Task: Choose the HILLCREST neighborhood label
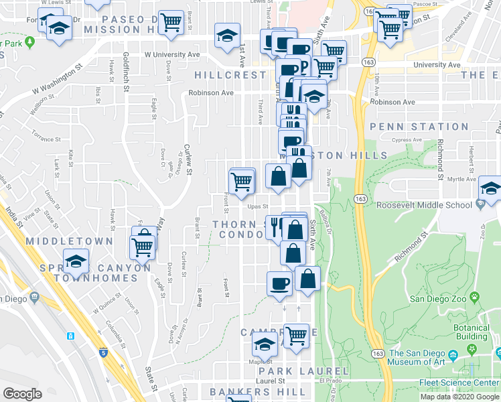coord(230,74)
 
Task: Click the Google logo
coord(22,394)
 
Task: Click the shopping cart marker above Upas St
coord(241,180)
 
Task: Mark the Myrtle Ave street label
coord(461,179)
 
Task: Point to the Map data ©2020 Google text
coord(459,396)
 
